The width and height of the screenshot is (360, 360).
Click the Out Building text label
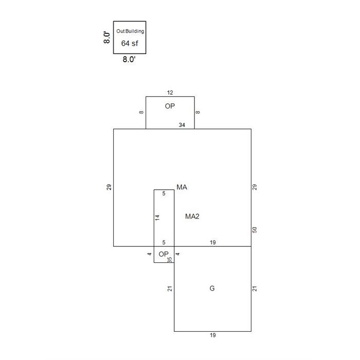(x=130, y=31)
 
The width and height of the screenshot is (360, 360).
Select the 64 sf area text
(x=130, y=43)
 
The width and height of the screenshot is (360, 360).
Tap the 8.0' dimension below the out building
(x=129, y=59)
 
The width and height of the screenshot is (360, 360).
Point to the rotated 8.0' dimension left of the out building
(x=107, y=38)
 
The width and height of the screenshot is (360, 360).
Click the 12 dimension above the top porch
(x=170, y=93)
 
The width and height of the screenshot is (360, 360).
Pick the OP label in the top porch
(x=170, y=106)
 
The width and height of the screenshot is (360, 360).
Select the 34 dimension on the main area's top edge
(x=182, y=125)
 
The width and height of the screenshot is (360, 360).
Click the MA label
(x=182, y=187)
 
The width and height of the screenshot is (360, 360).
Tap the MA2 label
(x=192, y=217)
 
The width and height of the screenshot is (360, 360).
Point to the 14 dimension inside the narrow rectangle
(x=157, y=218)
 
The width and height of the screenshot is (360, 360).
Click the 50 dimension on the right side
(x=255, y=230)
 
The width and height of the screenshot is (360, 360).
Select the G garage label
(x=212, y=289)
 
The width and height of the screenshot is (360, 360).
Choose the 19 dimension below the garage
(x=212, y=335)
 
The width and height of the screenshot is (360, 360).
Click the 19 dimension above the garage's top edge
(x=212, y=242)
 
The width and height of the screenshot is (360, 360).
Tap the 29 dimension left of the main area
(x=109, y=187)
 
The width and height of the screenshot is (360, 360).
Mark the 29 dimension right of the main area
(x=255, y=187)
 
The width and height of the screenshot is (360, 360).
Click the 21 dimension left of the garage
(x=170, y=289)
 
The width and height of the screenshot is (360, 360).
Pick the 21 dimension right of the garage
(x=255, y=289)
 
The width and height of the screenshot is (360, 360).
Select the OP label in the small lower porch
(x=164, y=254)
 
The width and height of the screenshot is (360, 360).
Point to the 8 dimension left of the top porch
(x=141, y=112)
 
